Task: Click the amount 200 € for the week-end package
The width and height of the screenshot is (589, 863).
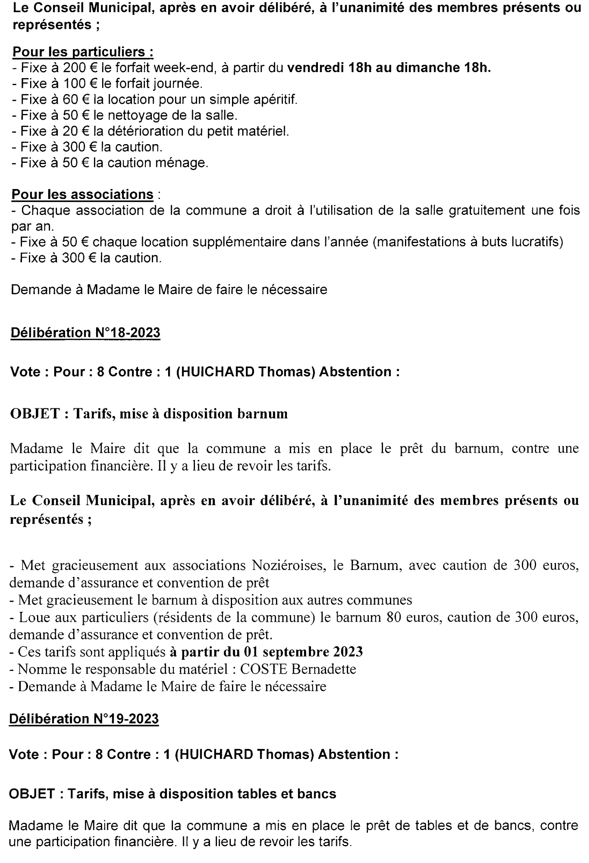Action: (72, 68)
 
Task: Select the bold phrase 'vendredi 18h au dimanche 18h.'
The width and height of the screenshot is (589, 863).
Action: (389, 68)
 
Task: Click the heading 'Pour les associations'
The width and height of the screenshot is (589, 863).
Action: (83, 195)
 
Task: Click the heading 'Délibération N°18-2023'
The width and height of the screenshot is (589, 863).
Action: (85, 333)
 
